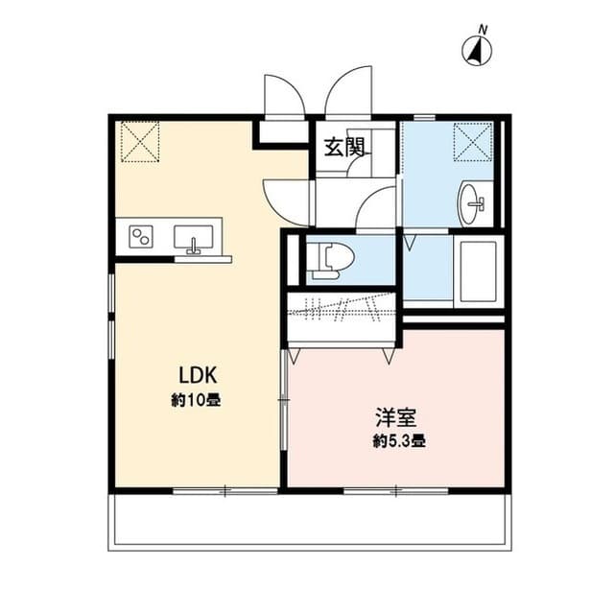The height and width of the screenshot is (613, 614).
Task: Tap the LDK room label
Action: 195,374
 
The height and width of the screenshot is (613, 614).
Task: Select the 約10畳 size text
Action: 196,400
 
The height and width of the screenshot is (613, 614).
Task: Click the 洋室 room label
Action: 394,418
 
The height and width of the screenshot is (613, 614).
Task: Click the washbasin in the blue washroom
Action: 472,201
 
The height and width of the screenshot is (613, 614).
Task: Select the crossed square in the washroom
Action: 472,142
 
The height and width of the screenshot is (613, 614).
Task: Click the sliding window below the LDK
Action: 224,490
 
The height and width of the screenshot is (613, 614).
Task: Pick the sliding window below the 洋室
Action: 394,490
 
